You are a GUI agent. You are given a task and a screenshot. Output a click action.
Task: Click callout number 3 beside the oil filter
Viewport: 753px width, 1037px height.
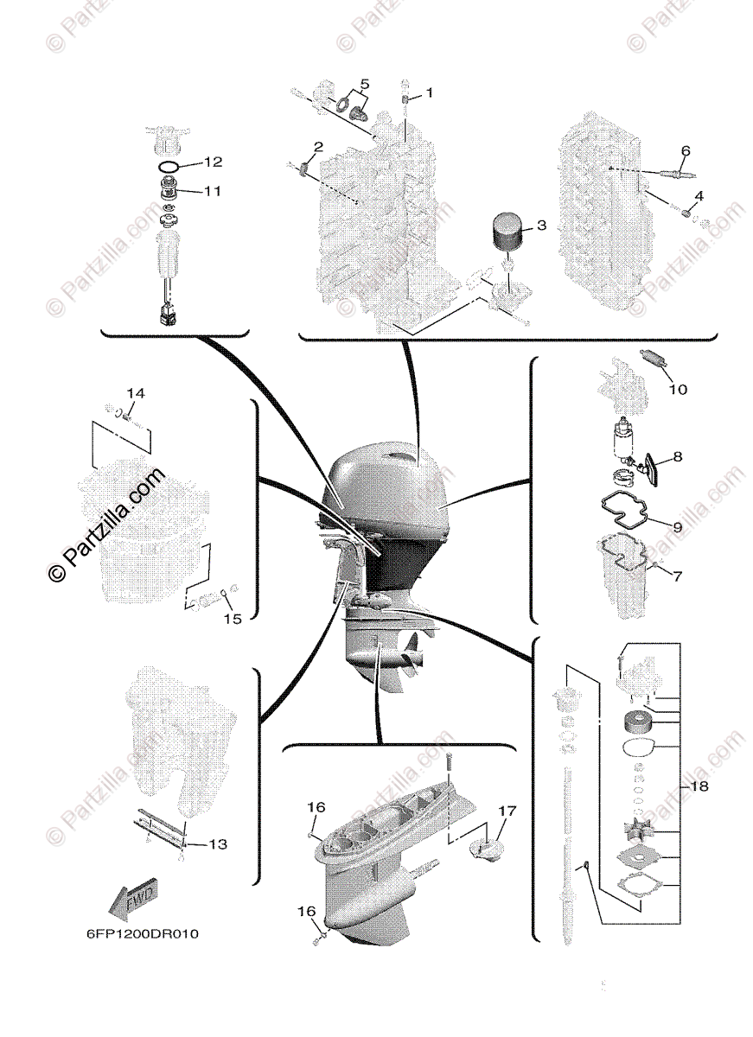[x=541, y=226]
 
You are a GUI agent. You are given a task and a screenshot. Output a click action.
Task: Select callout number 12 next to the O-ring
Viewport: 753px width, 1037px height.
[x=213, y=162]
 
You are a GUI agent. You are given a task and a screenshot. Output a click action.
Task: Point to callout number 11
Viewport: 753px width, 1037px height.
[x=213, y=191]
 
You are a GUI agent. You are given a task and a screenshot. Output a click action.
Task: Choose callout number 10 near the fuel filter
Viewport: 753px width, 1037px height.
[x=678, y=390]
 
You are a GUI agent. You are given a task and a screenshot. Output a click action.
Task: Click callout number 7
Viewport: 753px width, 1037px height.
[x=677, y=576]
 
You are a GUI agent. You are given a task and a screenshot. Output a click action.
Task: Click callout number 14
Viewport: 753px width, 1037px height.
[x=136, y=393]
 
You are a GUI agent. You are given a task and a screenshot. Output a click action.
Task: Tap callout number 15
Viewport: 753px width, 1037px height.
[x=233, y=619]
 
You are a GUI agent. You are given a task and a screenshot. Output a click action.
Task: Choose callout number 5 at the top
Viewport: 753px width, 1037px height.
[x=365, y=85]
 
